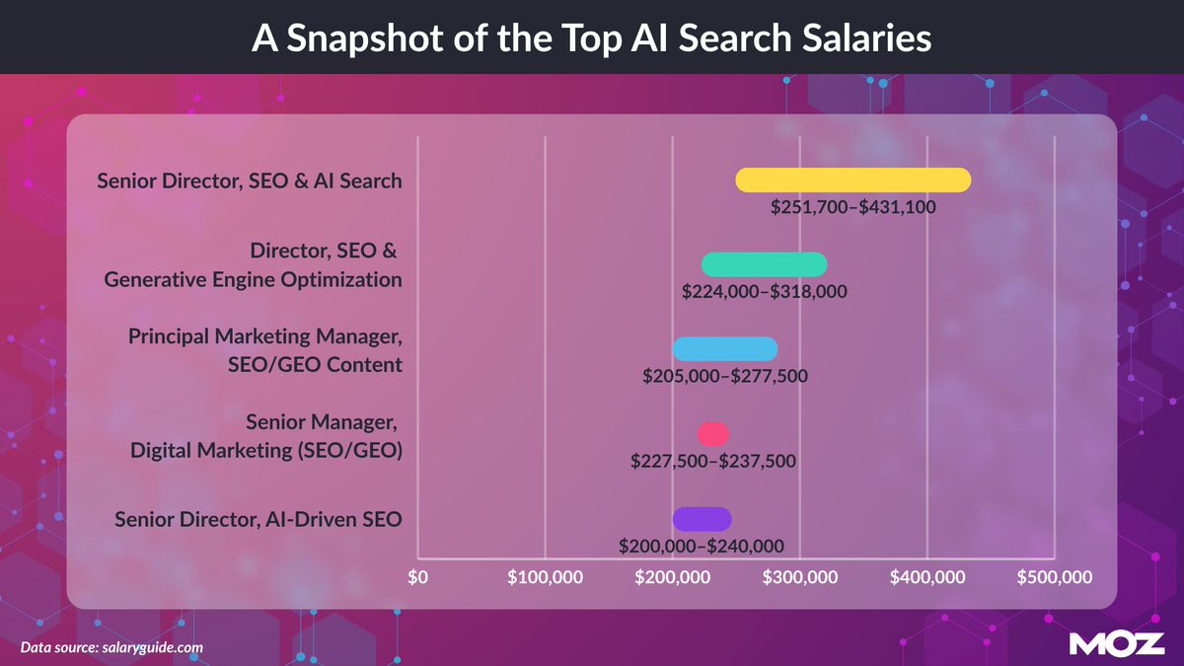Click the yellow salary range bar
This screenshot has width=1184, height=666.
click(853, 181)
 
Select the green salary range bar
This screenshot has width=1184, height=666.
click(765, 264)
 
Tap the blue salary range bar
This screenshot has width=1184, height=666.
click(725, 349)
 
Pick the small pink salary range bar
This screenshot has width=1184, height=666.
click(713, 434)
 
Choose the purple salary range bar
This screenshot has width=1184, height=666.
click(702, 519)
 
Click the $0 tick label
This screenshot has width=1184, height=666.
click(417, 576)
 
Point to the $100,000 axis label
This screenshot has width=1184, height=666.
click(545, 576)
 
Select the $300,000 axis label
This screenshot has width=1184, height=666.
click(800, 576)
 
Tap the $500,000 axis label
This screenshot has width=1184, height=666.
click(1055, 576)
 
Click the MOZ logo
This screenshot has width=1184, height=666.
click(1117, 643)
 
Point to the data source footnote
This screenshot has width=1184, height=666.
click(111, 647)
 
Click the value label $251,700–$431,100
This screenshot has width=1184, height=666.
click(853, 206)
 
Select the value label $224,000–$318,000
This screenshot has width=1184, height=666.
click(765, 291)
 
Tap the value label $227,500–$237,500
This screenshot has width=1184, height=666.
click(713, 461)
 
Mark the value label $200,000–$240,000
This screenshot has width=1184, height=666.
click(702, 546)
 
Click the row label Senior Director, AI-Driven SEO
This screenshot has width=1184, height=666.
click(259, 519)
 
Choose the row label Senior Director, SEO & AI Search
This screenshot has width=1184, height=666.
click(250, 181)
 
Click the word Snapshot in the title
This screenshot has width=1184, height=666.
click(365, 38)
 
